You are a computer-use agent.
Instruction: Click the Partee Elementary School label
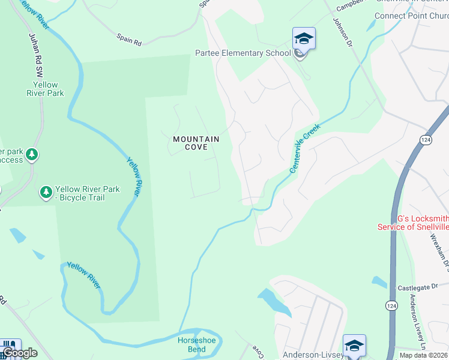[x=243, y=53]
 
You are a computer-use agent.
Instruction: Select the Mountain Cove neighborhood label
[x=196, y=143]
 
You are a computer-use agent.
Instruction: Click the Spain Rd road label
[x=129, y=43]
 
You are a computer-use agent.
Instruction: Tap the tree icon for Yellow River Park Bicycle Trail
[x=46, y=192]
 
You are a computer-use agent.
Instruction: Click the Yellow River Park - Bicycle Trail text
[x=88, y=193]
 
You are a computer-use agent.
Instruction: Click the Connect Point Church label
[x=411, y=16]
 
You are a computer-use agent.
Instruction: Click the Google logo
[x=20, y=353]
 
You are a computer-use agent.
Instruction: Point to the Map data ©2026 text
[x=424, y=355]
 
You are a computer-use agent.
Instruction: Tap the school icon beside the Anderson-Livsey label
[x=354, y=346]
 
